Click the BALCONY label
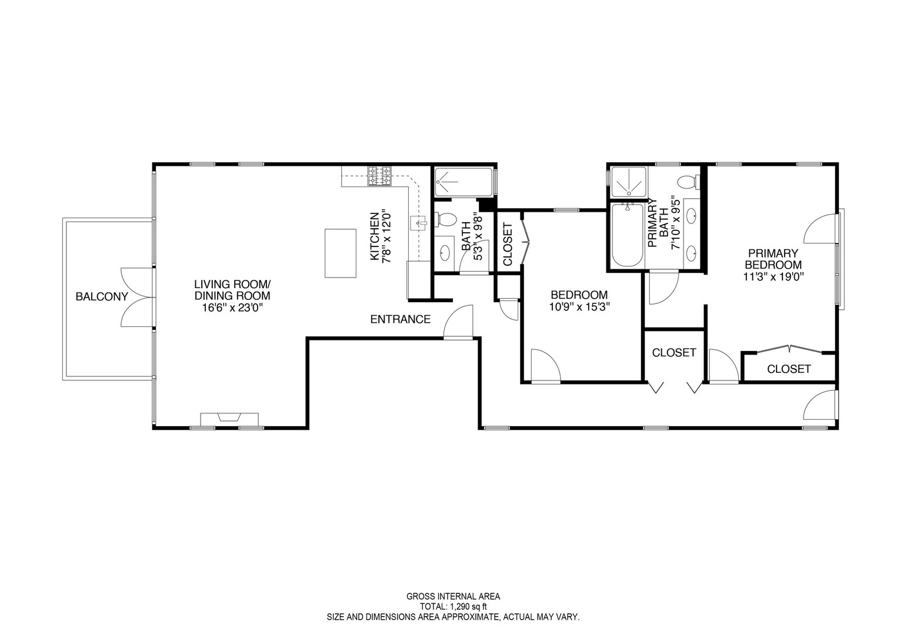click(x=101, y=297)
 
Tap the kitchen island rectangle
click(x=341, y=253)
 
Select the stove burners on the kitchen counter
click(x=380, y=176)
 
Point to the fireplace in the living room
click(x=229, y=419)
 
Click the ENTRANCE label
click(x=400, y=320)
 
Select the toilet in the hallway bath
click(x=446, y=220)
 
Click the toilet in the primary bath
click(x=687, y=182)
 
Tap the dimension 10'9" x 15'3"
click(x=579, y=306)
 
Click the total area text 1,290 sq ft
click(x=453, y=606)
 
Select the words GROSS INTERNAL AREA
click(x=453, y=596)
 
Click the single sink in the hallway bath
click(x=445, y=253)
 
